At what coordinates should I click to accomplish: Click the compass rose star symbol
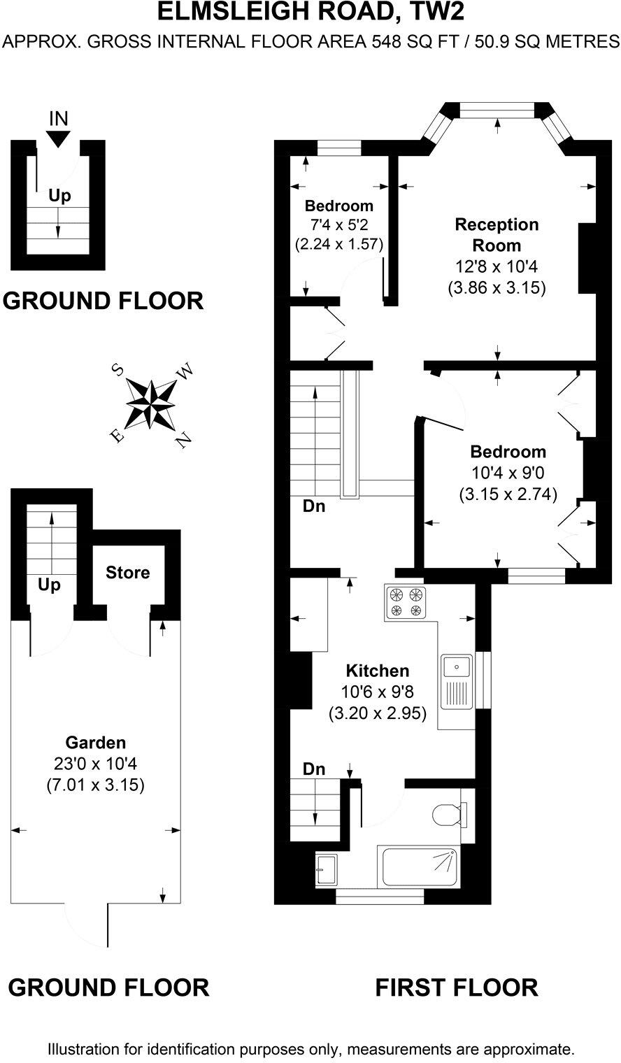[150, 404]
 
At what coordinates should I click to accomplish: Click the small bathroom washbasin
[326, 869]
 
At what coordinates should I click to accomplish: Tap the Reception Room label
[497, 235]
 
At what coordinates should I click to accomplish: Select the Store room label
[127, 573]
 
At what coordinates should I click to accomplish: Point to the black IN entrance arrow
[59, 138]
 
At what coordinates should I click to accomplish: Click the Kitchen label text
[378, 671]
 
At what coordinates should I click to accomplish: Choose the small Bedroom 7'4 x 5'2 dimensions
[339, 225]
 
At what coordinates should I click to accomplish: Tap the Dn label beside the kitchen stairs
[314, 769]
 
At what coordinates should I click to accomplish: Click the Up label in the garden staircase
[50, 584]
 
